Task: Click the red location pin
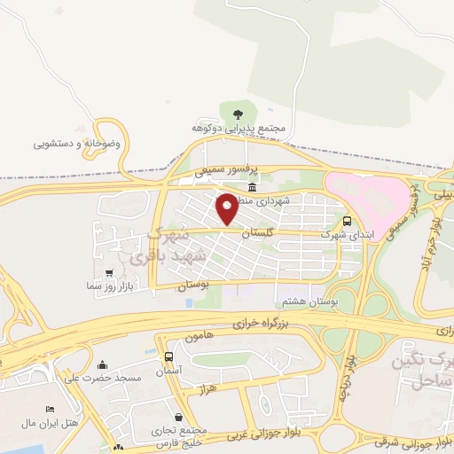click(227, 209)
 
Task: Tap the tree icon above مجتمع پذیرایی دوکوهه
click(237, 112)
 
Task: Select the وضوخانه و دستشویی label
click(82, 142)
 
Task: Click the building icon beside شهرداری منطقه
click(253, 188)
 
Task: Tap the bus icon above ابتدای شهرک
click(346, 222)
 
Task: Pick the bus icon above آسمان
click(169, 356)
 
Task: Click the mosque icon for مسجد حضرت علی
click(102, 364)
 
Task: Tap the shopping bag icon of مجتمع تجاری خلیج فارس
click(180, 416)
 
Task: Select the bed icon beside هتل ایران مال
click(50, 409)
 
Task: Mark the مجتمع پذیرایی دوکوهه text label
click(241, 129)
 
